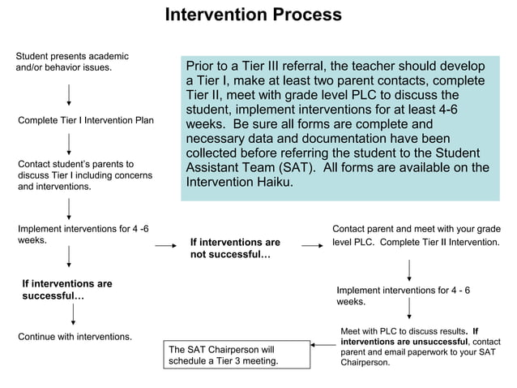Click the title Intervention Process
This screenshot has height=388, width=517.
[x=253, y=15]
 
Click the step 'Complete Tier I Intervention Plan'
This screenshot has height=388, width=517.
[x=86, y=121]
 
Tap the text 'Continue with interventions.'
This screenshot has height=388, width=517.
[x=75, y=336]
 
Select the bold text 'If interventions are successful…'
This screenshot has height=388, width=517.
[x=67, y=291]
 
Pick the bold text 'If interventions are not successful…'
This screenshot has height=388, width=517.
[x=234, y=249]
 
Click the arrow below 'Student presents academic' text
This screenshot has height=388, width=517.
[x=69, y=95]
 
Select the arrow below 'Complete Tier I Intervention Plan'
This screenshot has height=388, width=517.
[x=69, y=145]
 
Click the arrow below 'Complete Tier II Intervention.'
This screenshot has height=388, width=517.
[x=410, y=269]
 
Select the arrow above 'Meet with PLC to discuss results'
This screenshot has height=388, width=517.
[x=410, y=310]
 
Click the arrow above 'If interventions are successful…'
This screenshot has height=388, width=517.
[x=69, y=258]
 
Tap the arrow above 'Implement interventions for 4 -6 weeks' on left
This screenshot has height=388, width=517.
[x=69, y=208]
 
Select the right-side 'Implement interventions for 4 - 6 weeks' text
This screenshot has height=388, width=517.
[x=403, y=296]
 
